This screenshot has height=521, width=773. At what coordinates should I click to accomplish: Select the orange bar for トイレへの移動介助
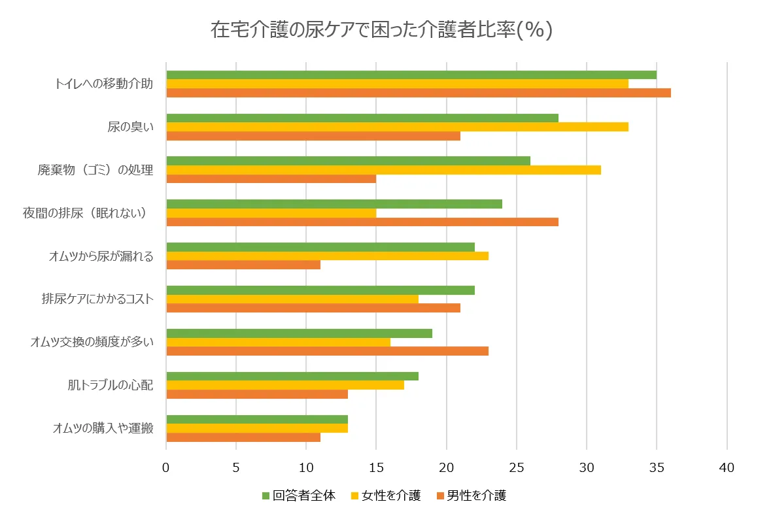(x=419, y=93)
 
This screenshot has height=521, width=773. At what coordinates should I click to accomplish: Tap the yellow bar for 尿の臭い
(x=397, y=127)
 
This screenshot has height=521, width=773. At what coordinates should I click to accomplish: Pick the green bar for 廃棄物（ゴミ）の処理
(x=348, y=161)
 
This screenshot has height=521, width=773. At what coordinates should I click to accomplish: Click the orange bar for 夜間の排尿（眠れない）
(x=362, y=222)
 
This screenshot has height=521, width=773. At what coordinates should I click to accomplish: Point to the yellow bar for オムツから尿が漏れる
(x=327, y=256)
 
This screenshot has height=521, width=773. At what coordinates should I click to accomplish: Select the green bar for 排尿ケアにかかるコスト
(x=320, y=290)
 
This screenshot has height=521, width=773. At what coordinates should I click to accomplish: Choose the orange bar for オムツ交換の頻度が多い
(x=327, y=351)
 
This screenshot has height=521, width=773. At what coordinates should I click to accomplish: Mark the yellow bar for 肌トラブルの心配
(x=285, y=385)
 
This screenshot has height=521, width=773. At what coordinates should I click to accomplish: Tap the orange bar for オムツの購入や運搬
(x=243, y=437)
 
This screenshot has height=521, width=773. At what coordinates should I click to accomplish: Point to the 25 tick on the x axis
(x=517, y=468)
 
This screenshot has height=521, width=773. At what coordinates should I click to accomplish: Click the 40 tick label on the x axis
(x=727, y=468)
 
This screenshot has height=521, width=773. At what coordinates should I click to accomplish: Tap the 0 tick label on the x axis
(x=166, y=468)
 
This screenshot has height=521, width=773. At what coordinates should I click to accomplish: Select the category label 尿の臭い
(x=130, y=127)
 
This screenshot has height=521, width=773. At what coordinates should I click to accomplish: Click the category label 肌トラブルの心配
(x=111, y=385)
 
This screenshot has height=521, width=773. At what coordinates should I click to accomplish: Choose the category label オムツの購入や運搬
(x=103, y=429)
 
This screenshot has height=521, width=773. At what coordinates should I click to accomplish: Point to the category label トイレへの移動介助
(x=104, y=84)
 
